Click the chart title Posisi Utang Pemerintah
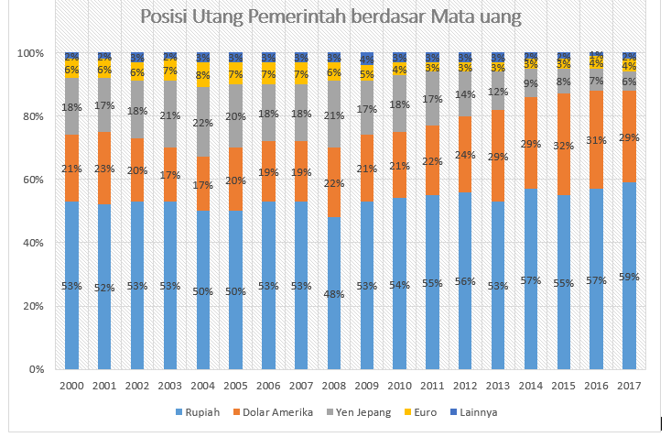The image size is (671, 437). [x=331, y=17]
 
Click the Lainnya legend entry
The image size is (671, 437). [x=477, y=412]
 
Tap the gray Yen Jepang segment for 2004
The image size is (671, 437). [x=204, y=122]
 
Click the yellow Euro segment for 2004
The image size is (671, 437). [x=204, y=75]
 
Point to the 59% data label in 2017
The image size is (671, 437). [x=629, y=276]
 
